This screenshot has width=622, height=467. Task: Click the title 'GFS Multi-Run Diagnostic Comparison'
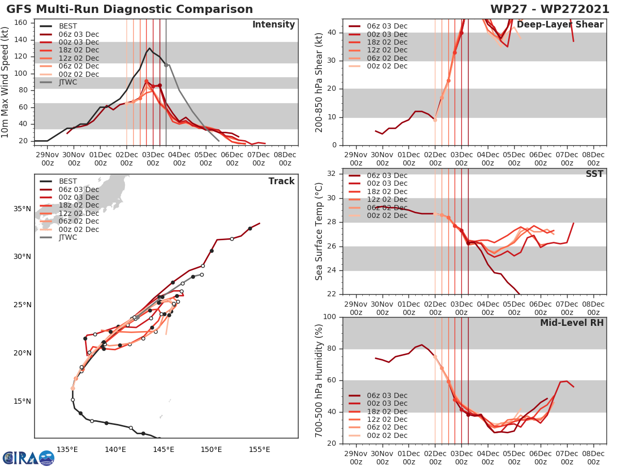130,9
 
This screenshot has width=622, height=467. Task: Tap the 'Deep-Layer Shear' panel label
560,25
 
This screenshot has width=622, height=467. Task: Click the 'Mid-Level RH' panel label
572,323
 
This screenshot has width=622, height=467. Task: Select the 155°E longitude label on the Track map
259,449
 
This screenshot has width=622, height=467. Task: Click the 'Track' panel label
281,181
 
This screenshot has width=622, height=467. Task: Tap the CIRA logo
28,458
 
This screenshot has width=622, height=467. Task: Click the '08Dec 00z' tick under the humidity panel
593,457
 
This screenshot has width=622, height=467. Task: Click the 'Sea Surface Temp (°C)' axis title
319,231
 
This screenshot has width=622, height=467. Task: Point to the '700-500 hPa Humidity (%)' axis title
319,380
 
